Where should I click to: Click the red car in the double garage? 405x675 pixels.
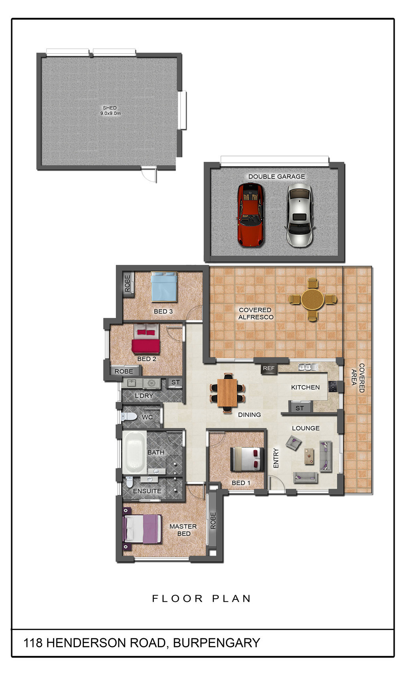click(251, 215)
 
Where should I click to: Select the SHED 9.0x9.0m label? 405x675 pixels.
click(110, 111)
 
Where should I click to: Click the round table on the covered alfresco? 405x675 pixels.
click(312, 299)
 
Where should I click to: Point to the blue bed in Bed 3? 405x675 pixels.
click(164, 287)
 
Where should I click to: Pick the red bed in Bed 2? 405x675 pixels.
click(146, 338)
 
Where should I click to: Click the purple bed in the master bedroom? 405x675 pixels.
click(142, 529)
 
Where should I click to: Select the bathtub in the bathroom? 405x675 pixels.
click(134, 452)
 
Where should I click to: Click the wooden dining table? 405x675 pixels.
click(227, 392)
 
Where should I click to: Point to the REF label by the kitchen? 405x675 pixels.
click(269, 368)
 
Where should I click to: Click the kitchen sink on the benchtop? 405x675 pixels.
click(308, 367)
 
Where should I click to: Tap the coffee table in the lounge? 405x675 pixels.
click(309, 456)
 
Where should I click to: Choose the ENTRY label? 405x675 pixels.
click(276, 458)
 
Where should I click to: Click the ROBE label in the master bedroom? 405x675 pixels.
click(213, 520)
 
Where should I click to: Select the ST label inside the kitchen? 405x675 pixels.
click(299, 408)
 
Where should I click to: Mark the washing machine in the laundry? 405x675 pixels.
click(151, 383)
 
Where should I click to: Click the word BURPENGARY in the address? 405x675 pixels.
click(216, 643)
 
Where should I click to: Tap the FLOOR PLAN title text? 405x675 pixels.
click(201, 598)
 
